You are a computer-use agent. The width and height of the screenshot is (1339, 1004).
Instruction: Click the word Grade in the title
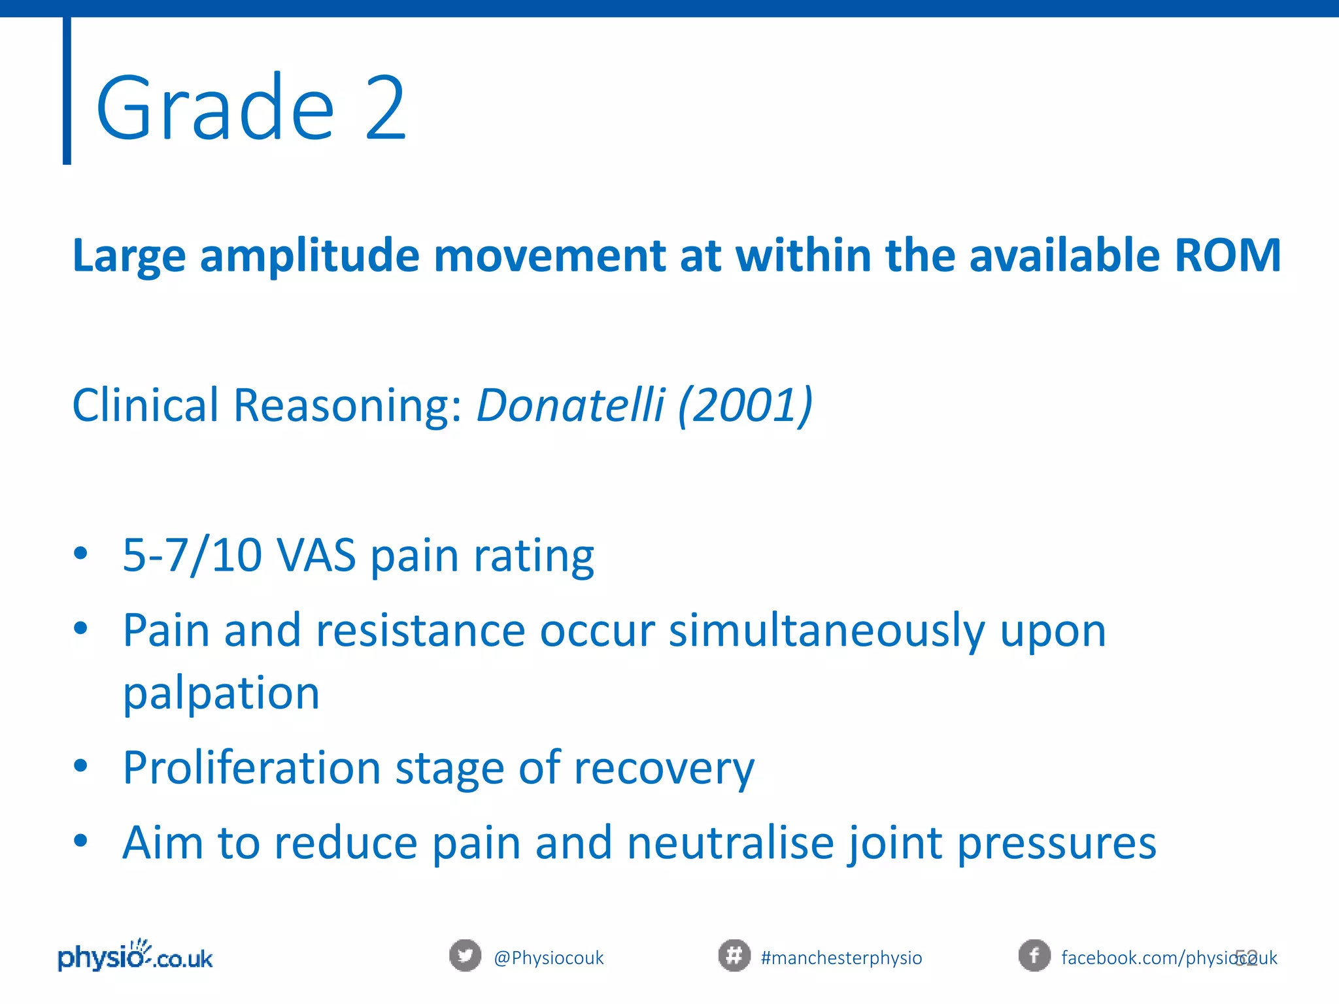(216, 109)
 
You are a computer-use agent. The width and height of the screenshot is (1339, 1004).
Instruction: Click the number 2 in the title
(386, 109)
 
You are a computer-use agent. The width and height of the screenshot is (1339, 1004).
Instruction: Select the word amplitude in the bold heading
(309, 256)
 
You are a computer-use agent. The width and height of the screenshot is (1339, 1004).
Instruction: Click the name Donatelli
(571, 405)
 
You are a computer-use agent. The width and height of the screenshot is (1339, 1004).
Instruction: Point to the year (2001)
(745, 405)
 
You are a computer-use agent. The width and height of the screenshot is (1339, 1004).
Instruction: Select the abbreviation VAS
(316, 556)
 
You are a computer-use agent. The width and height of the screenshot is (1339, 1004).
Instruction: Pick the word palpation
(221, 694)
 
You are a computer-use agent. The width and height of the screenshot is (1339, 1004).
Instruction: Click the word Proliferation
(252, 767)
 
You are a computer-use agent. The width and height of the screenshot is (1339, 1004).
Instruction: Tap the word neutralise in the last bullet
(730, 843)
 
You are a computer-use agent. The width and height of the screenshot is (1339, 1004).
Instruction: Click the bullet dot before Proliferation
(80, 765)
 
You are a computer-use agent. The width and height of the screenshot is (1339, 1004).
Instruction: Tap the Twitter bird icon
(465, 956)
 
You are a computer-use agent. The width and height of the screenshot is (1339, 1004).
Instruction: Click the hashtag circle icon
(734, 956)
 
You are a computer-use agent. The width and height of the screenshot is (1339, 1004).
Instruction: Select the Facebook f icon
(1034, 956)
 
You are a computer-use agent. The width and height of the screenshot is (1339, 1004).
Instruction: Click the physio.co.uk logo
(135, 957)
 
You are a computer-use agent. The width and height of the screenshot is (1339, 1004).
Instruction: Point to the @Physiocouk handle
(549, 958)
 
